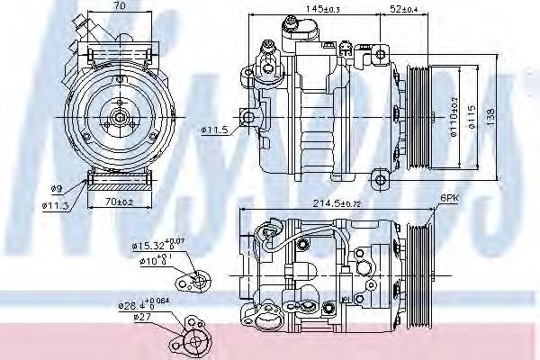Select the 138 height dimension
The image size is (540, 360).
tap(491, 115)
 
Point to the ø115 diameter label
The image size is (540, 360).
tap(476, 115)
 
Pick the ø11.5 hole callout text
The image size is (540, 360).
tap(212, 131)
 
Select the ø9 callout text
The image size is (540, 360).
tap(55, 189)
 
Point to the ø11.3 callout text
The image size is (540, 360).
tap(57, 205)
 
